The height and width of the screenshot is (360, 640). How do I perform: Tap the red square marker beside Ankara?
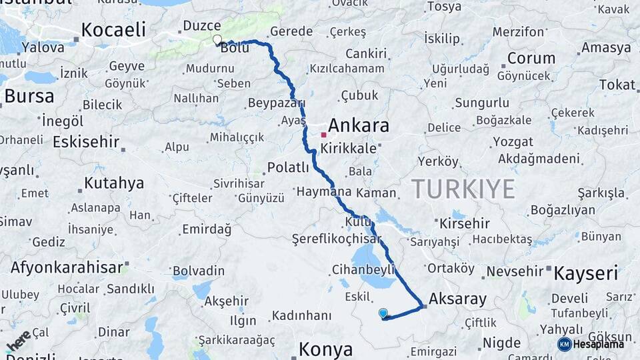323,135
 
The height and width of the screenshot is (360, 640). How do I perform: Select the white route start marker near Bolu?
217,39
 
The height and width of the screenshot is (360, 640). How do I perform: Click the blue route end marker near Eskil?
383,313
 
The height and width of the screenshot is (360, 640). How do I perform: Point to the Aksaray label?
459,299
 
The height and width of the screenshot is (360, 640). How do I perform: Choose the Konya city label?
325,348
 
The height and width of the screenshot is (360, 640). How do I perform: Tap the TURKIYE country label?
463,189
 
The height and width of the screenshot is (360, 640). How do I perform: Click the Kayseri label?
586,272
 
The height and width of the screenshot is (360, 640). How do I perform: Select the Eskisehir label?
85,141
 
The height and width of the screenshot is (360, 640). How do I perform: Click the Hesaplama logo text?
599,344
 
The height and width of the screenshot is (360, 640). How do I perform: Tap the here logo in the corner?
19,340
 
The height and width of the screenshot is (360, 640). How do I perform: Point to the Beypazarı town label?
276,103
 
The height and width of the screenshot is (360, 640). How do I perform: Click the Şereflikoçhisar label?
337,239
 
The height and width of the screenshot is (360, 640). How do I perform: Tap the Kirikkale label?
348,149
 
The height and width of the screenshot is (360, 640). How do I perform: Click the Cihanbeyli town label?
359,269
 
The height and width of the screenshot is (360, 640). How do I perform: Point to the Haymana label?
323,192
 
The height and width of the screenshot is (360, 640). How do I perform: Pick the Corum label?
531,58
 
